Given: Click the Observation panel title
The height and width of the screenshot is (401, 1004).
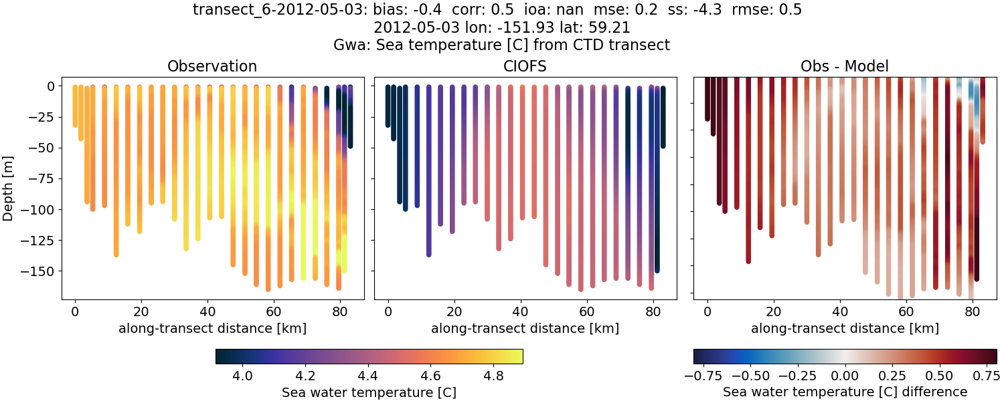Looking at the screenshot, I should point(212,66).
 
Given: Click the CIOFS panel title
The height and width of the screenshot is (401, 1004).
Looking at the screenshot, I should point(525,66).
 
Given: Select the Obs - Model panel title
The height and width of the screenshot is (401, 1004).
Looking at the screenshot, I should point(845,66).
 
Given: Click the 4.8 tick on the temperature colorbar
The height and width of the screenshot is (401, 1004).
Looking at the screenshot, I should point(494,376).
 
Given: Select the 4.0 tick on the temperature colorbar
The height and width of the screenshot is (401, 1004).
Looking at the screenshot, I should point(242,376).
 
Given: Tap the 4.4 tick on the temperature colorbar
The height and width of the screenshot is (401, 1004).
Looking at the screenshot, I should point(368,376).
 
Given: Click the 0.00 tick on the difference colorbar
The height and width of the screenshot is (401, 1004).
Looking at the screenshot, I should point(845,376).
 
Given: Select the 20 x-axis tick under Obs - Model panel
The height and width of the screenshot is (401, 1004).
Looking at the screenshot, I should point(774,311).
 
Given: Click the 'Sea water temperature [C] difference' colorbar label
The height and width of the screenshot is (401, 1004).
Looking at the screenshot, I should point(845,392).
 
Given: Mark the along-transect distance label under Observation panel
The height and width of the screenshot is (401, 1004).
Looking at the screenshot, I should point(212,328).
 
